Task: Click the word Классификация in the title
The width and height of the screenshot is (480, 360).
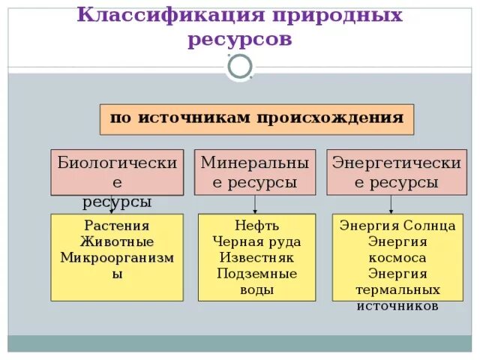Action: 172,15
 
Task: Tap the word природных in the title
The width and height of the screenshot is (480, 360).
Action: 339,15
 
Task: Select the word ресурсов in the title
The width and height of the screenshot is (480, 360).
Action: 240,39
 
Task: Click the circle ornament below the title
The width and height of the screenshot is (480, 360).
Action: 240,67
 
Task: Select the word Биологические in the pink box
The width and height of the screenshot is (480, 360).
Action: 117,163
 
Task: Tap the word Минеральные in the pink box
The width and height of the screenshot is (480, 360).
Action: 255,163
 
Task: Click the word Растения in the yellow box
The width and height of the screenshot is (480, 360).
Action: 116,226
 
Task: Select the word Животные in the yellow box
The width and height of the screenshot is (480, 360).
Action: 116,241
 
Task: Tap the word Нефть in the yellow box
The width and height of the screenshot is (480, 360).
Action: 256,226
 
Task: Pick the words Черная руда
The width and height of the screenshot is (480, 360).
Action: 256,241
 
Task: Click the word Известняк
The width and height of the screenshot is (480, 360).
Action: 256,257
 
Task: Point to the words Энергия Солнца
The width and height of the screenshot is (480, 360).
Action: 397,226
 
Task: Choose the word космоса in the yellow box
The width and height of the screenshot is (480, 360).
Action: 397,257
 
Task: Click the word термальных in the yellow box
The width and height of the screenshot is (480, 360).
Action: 397,289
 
